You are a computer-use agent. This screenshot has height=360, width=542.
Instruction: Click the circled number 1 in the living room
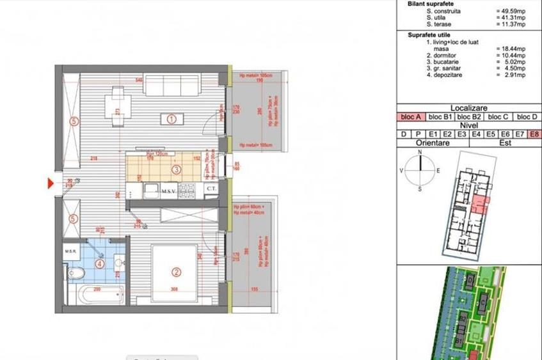point(171,118)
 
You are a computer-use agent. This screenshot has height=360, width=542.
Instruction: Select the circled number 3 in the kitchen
point(177,169)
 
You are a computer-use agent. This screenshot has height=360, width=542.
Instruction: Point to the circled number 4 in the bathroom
point(99,263)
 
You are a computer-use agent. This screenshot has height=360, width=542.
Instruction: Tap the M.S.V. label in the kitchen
point(169,191)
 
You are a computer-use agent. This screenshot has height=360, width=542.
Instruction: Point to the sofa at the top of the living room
point(171,84)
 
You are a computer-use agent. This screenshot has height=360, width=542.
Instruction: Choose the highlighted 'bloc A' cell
point(411,117)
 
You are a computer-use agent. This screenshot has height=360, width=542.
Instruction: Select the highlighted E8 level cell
point(534,134)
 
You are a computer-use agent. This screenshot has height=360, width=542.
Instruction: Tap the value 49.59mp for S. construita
point(511,12)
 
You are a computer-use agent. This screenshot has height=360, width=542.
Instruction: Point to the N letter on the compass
point(420,153)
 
